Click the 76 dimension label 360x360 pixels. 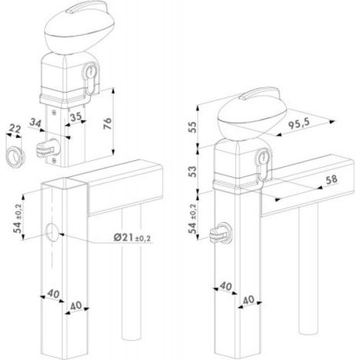click(x=108, y=123)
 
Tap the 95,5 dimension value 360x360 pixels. click(x=299, y=123)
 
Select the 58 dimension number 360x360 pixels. click(x=332, y=179)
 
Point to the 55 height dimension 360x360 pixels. click(x=193, y=127)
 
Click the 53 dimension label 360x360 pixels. click(x=193, y=172)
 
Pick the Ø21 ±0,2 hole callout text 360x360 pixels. click(x=132, y=237)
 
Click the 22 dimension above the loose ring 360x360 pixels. click(x=15, y=129)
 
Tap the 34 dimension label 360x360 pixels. click(x=35, y=123)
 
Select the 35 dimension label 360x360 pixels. click(x=76, y=117)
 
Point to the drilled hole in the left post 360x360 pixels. click(x=52, y=232)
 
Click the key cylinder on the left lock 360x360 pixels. click(x=90, y=77)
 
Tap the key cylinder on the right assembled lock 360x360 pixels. click(x=263, y=163)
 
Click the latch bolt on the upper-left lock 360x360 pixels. click(x=48, y=148)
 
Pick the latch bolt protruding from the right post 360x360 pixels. click(x=221, y=234)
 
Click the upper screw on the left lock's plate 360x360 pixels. click(x=54, y=112)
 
